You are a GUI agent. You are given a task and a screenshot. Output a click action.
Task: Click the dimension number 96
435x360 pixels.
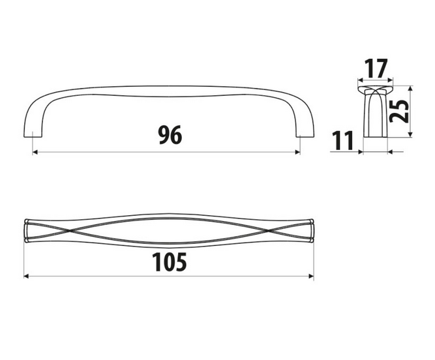pos(170,135)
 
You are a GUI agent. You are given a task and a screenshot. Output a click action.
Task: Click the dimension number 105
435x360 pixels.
pos(170,262)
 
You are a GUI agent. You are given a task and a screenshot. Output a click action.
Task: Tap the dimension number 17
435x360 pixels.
pos(376,68)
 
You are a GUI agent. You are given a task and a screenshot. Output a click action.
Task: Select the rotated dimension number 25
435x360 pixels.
pos(400,111)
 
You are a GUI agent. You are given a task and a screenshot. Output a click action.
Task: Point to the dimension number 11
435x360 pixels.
pos(342,140)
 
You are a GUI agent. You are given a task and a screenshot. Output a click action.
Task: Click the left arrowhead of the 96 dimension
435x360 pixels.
pos(35,152)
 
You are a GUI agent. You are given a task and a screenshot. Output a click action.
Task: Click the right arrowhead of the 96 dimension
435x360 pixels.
pos(298,152)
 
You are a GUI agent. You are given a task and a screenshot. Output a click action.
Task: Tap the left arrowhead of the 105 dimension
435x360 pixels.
pos(26,277)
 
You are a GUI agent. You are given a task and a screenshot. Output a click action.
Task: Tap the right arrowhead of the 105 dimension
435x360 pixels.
pos(311,277)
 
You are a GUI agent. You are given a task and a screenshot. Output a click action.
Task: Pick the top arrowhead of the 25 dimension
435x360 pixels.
pos(411,88)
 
